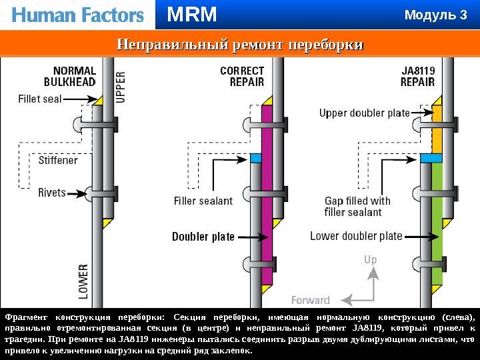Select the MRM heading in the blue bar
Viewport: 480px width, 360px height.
192,14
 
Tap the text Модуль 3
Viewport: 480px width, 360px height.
437,15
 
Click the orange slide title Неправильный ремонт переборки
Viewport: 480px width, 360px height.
240,45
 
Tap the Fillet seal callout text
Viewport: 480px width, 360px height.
39,99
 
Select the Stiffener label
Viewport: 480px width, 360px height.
58,160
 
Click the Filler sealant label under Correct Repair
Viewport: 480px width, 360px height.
203,200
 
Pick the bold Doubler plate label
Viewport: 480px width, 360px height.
203,236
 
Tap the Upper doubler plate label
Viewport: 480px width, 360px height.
364,113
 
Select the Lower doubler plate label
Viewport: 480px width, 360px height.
356,235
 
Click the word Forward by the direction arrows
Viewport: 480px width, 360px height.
311,300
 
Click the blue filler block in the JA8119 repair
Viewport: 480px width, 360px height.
432,159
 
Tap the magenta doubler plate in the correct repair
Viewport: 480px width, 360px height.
267,200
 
